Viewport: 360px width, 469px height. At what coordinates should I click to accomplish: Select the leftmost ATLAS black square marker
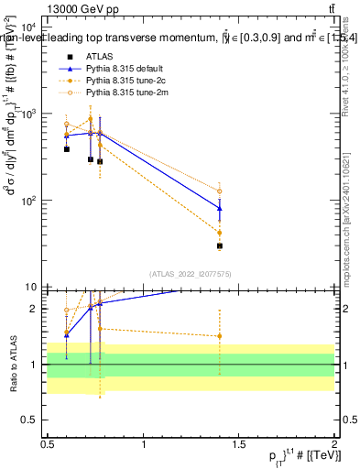click(x=67, y=148)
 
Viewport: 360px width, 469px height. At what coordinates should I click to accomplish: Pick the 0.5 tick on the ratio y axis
click(x=29, y=420)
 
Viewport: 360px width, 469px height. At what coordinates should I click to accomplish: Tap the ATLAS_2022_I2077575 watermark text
click(x=191, y=274)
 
